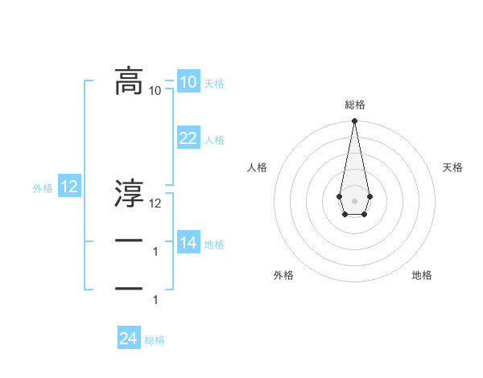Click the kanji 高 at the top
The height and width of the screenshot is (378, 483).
pyautogui.click(x=129, y=81)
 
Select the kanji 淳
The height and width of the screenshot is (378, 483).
pyautogui.click(x=129, y=194)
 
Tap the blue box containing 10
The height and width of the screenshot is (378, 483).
pyautogui.click(x=188, y=81)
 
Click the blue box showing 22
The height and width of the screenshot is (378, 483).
pyautogui.click(x=188, y=138)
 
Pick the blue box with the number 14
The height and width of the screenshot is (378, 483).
pyautogui.click(x=188, y=242)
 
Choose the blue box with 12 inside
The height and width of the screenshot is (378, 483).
pyautogui.click(x=69, y=187)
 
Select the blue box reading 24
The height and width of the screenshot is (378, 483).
pyautogui.click(x=129, y=339)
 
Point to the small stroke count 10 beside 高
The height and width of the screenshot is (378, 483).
pyautogui.click(x=155, y=91)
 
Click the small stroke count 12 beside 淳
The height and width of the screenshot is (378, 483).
pyautogui.click(x=155, y=203)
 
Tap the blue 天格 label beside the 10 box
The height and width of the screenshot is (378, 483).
pyautogui.click(x=214, y=84)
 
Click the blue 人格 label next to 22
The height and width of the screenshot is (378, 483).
pyautogui.click(x=214, y=141)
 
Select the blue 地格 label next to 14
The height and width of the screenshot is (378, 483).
pyautogui.click(x=214, y=244)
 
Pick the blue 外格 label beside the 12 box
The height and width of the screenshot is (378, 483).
pyautogui.click(x=43, y=189)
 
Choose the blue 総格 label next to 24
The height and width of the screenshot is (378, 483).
pyautogui.click(x=155, y=340)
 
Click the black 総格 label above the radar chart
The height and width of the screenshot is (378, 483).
pyautogui.click(x=354, y=105)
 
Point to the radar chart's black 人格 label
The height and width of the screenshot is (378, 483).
pyautogui.click(x=257, y=167)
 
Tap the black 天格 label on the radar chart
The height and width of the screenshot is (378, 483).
pyautogui.click(x=452, y=167)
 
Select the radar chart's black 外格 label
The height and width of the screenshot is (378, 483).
pyautogui.click(x=283, y=275)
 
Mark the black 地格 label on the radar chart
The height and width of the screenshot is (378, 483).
pyautogui.click(x=422, y=275)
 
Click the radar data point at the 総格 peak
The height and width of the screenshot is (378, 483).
pyautogui.click(x=354, y=121)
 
